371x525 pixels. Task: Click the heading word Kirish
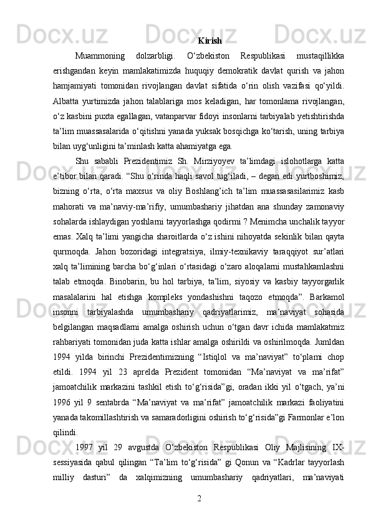210,41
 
